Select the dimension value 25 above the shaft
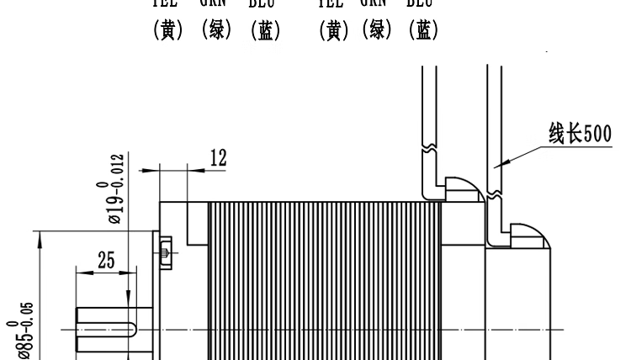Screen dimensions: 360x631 [x=105, y=261]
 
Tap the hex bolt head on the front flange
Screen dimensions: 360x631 [x=165, y=250]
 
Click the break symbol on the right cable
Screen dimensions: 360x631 [x=494, y=193]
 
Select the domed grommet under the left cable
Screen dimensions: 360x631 [x=459, y=189]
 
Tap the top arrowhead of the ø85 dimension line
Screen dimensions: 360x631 [x=40, y=239]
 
